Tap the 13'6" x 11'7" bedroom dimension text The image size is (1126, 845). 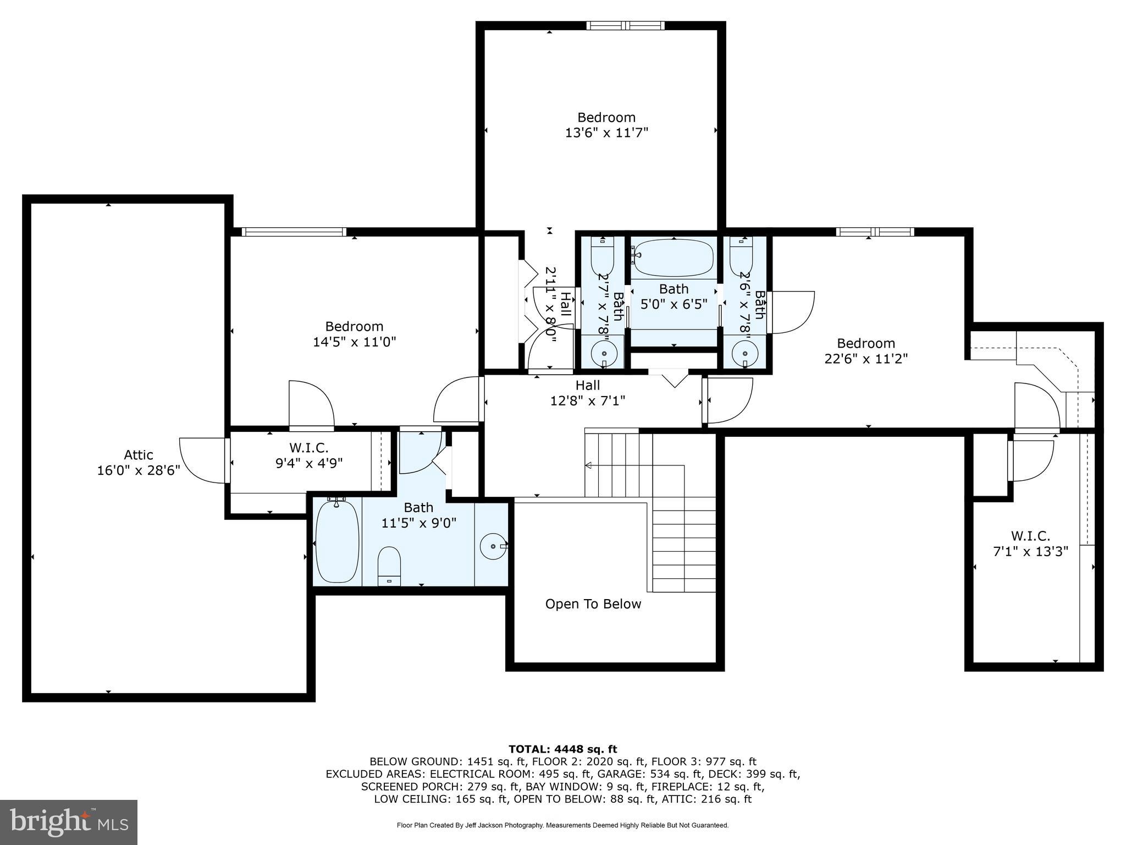[x=606, y=133]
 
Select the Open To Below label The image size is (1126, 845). [x=593, y=604]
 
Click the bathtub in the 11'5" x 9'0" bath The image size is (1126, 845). [x=338, y=541]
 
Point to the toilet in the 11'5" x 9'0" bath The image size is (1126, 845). [x=389, y=566]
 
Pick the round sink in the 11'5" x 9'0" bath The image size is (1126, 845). [x=492, y=546]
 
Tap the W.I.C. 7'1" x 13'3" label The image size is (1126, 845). [x=1030, y=544]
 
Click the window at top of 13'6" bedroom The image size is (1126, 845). [x=625, y=25]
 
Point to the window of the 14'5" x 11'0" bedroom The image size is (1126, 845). [x=294, y=232]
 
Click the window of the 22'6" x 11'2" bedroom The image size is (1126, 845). [x=875, y=232]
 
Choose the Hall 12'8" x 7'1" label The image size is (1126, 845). [x=588, y=393]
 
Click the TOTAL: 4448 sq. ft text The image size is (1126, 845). [x=562, y=749]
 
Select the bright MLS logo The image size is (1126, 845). [x=69, y=822]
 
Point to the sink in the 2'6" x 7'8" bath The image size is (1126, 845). [x=744, y=351]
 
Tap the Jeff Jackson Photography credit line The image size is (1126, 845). [x=562, y=825]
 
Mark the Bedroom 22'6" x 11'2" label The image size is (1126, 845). [x=866, y=351]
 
